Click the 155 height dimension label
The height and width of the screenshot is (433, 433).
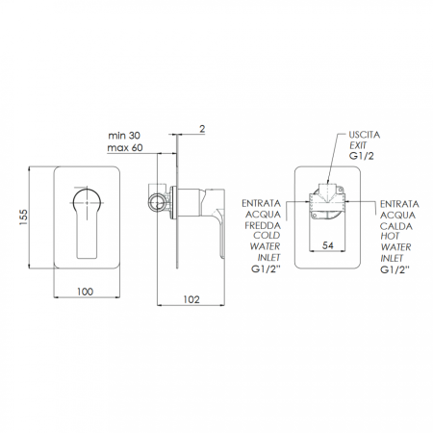24,216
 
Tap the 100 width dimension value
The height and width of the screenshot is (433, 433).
86,292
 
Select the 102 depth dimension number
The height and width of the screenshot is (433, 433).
191,299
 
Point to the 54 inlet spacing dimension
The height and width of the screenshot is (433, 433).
328,245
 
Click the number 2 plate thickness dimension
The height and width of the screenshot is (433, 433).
202,129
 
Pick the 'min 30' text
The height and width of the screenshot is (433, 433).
124,136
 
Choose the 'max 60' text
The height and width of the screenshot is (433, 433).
125,148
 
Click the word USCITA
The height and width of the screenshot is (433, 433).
365,135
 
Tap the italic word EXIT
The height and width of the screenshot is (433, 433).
358,145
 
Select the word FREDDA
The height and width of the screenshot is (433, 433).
263,225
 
